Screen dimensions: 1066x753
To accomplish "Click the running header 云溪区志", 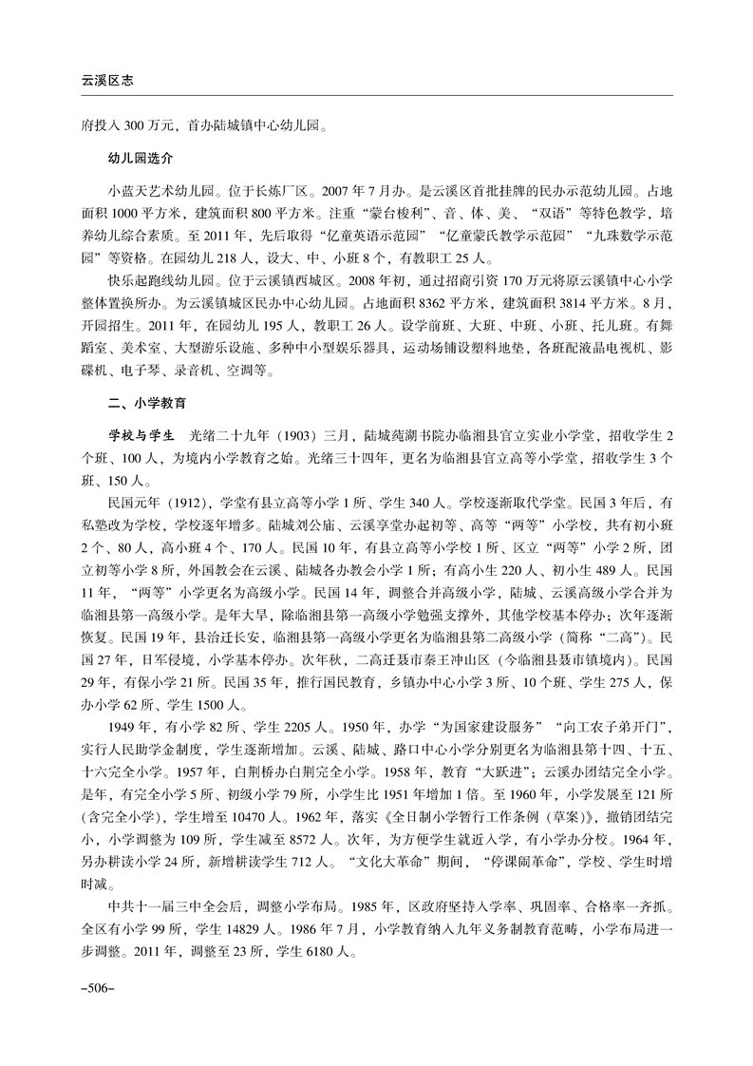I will (106, 82).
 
